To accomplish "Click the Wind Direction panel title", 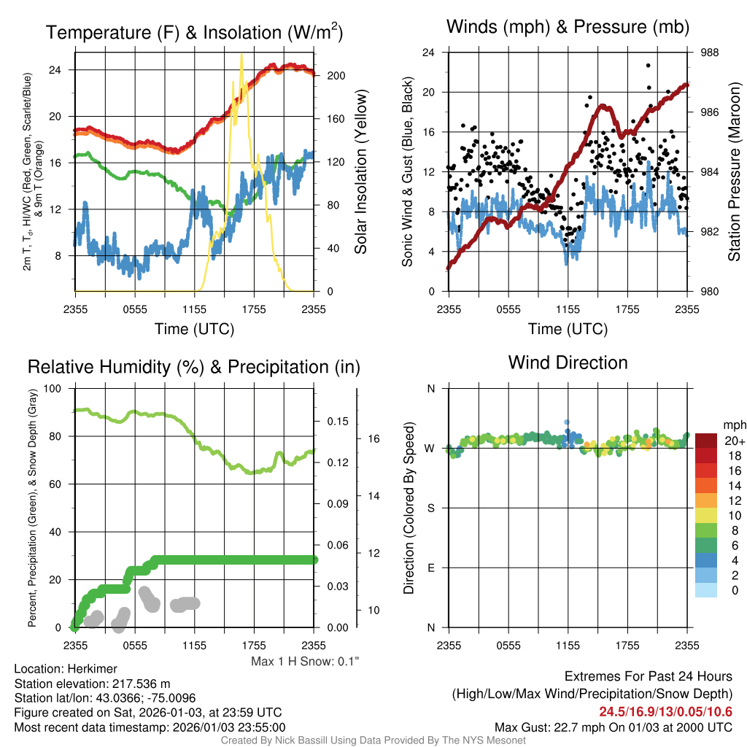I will (x=568, y=362).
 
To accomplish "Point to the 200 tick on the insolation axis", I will (x=330, y=75).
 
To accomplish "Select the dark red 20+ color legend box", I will (x=705, y=441).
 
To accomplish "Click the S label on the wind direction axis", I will (x=431, y=508).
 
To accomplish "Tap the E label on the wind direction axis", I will (x=431, y=568).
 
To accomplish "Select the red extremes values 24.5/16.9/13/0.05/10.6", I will (x=665, y=712).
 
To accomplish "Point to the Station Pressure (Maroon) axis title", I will (x=735, y=172).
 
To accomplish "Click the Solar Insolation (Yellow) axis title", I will (x=360, y=172).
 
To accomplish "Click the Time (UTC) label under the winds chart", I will (x=568, y=329).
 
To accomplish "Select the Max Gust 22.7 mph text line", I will (x=613, y=727).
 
